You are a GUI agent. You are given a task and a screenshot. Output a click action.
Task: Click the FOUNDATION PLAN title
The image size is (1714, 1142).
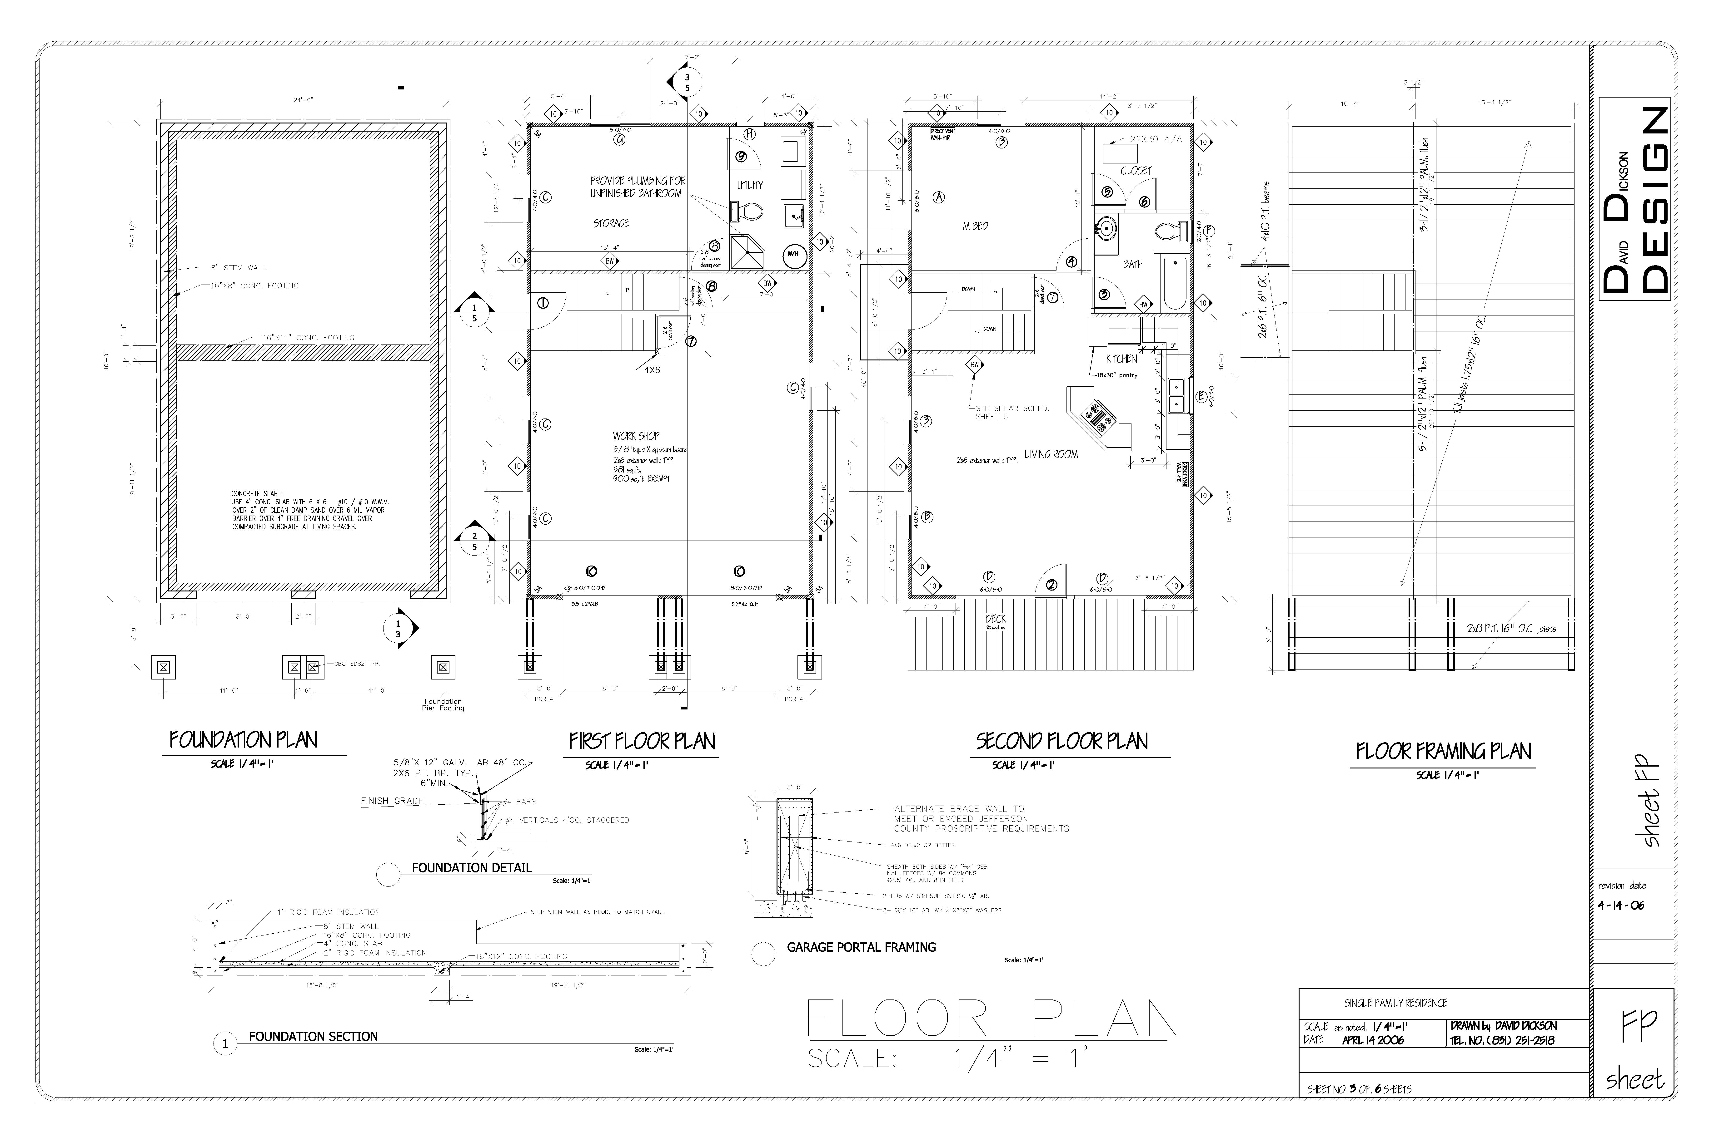[243, 741]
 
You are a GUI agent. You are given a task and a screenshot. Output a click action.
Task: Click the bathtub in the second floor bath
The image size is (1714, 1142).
[1174, 283]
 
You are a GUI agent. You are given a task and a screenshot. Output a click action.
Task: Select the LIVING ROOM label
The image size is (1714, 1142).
[1051, 454]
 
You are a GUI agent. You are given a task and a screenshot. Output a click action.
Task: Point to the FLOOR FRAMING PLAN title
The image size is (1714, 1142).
[1443, 752]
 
